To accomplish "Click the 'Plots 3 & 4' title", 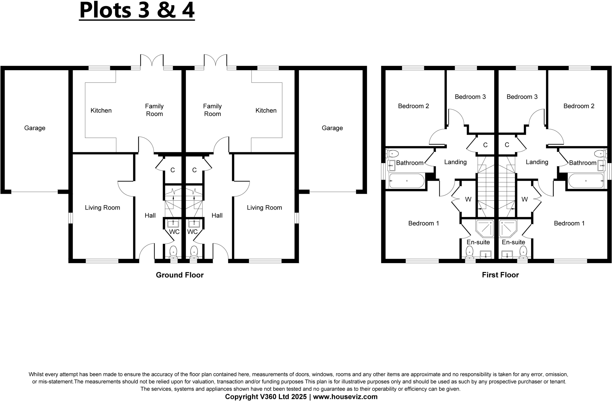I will click(x=137, y=10).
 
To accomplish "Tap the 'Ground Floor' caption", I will click(x=180, y=275).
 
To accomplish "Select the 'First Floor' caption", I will click(x=500, y=275).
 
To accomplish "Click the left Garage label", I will click(x=35, y=128).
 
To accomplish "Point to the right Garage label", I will click(x=332, y=128).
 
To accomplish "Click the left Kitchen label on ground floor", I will click(x=101, y=110).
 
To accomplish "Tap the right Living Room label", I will click(x=264, y=208).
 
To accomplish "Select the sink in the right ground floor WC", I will click(x=194, y=223).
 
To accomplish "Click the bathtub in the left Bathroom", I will click(x=406, y=181).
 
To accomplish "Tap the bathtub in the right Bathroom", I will click(x=586, y=181).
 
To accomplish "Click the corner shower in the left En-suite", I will click(x=484, y=228).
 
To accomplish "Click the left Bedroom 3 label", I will click(x=470, y=97).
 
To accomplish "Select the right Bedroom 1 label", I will click(x=569, y=223).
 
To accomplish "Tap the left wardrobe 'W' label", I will click(x=468, y=199).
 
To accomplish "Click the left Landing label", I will click(x=455, y=162).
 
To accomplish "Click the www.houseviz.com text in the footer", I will click(x=345, y=397).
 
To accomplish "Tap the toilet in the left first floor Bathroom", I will click(x=393, y=154).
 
